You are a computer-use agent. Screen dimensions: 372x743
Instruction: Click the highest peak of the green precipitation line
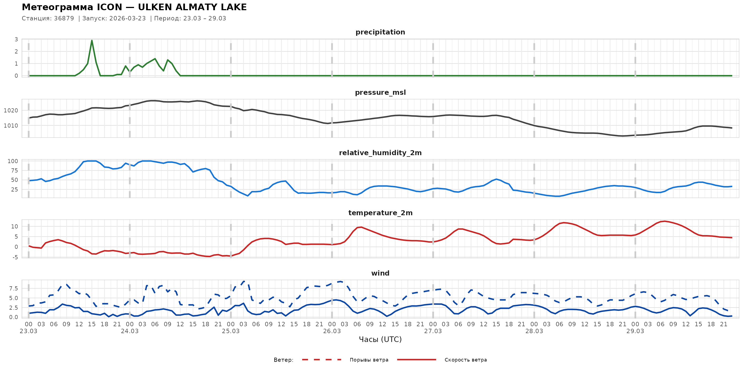92,41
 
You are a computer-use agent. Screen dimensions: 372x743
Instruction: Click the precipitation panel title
380,32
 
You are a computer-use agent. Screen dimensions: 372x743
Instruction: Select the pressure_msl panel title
380,92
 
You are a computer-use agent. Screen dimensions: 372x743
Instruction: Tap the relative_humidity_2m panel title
380,153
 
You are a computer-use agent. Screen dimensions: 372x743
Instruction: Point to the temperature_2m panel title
380,213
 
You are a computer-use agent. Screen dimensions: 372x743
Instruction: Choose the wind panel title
380,273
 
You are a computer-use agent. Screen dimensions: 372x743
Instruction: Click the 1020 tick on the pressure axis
11,110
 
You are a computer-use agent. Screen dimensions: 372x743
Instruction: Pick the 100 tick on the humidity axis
13,161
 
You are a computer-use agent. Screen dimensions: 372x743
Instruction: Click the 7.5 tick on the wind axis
13,289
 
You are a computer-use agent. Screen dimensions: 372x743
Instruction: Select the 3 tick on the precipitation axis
16,39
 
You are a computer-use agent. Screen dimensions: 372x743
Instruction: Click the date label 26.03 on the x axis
332,331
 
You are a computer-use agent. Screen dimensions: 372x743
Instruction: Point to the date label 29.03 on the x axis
635,331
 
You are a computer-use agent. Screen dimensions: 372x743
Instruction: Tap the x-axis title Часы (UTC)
380,339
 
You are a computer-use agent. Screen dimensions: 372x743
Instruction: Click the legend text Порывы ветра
369,360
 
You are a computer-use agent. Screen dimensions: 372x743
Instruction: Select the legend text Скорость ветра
466,360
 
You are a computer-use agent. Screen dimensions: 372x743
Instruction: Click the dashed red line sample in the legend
322,360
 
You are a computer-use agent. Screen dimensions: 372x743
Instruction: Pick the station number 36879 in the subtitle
64,18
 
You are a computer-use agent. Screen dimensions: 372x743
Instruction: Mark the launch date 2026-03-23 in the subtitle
127,18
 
